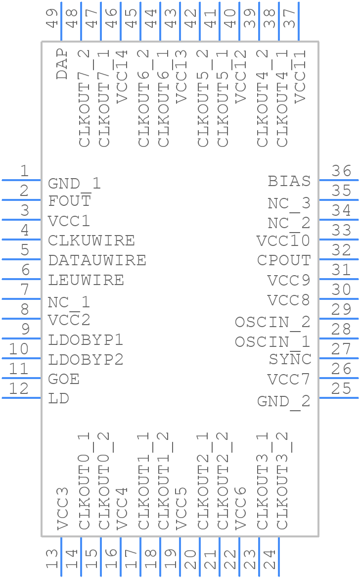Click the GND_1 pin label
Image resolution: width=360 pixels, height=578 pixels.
coord(74,184)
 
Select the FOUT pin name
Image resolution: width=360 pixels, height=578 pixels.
coord(69,201)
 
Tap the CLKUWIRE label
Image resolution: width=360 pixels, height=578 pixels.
coord(91,241)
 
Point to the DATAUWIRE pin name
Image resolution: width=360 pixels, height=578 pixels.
coord(97,260)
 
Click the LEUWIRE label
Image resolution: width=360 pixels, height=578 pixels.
coord(86,280)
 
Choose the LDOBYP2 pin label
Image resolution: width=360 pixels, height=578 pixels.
coord(86,359)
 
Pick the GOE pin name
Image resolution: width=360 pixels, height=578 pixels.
coord(64,379)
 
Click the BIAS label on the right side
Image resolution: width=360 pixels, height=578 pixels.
coord(289,181)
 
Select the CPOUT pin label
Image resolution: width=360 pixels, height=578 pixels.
coord(284,260)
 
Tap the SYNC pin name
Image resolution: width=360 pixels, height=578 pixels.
coord(290,359)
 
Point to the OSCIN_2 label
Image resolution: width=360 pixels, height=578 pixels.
coord(272,322)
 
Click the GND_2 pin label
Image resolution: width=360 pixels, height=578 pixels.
coord(283,401)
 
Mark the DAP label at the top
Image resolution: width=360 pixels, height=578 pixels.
coord(62,64)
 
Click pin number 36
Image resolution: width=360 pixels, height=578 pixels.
coord(341,171)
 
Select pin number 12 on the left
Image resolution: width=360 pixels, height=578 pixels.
coord(19,389)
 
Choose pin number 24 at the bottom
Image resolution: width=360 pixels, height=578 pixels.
coord(270,559)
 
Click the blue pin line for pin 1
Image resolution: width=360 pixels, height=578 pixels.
coord(21,180)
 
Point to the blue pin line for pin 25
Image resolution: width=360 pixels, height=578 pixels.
coord(339,398)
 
